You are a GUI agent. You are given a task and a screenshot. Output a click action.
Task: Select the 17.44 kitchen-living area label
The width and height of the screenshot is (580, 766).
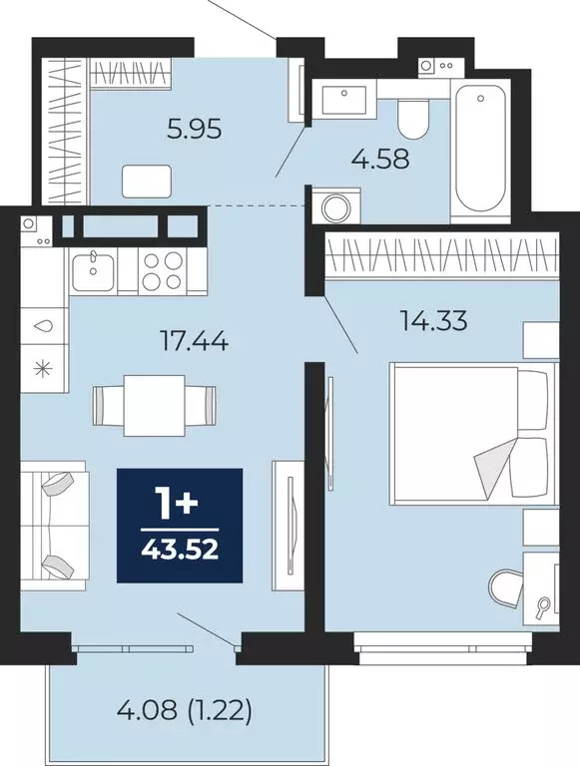click(x=196, y=342)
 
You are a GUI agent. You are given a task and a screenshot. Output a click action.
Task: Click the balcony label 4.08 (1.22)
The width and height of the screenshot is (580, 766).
click(x=184, y=711)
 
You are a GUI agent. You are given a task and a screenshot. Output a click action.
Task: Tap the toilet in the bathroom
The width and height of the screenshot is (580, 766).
click(x=411, y=121)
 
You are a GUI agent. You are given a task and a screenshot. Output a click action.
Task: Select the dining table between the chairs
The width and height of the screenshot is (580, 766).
click(x=154, y=405)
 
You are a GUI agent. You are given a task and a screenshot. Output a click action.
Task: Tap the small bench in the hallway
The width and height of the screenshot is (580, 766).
click(x=146, y=181)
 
